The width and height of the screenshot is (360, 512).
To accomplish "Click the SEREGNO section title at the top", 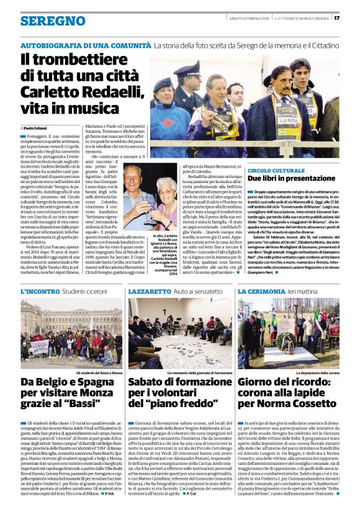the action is click(x=52, y=21).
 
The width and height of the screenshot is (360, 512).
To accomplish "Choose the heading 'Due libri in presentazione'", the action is click(x=291, y=178).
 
